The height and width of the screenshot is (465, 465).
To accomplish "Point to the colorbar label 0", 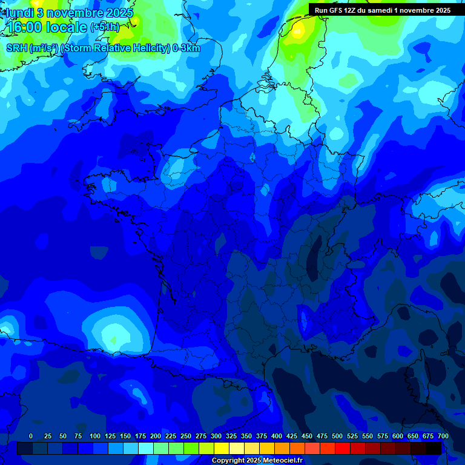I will pyautogui.click(x=31, y=436).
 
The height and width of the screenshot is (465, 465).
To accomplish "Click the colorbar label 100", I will pyautogui.click(x=95, y=436).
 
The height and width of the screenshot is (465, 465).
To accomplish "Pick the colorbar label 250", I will pyautogui.click(x=186, y=436).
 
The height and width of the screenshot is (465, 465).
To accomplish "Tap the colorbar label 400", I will pyautogui.click(x=277, y=436).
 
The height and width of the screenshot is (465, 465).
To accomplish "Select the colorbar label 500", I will pyautogui.click(x=337, y=436).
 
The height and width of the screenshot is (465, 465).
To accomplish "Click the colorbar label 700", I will pyautogui.click(x=443, y=436).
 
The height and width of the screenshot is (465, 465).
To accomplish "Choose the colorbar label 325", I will pyautogui.click(x=231, y=436).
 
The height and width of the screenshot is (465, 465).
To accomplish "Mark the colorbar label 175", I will pyautogui.click(x=140, y=436).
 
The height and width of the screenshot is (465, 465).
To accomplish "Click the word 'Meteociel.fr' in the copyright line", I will pyautogui.click(x=282, y=461).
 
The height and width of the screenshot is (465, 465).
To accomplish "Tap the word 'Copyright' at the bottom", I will pyautogui.click(x=227, y=461).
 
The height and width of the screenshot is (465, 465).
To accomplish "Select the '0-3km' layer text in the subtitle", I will pyautogui.click(x=186, y=48).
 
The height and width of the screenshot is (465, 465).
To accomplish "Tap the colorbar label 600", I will pyautogui.click(x=398, y=436).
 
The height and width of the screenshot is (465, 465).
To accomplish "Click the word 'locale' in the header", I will pyautogui.click(x=67, y=28).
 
